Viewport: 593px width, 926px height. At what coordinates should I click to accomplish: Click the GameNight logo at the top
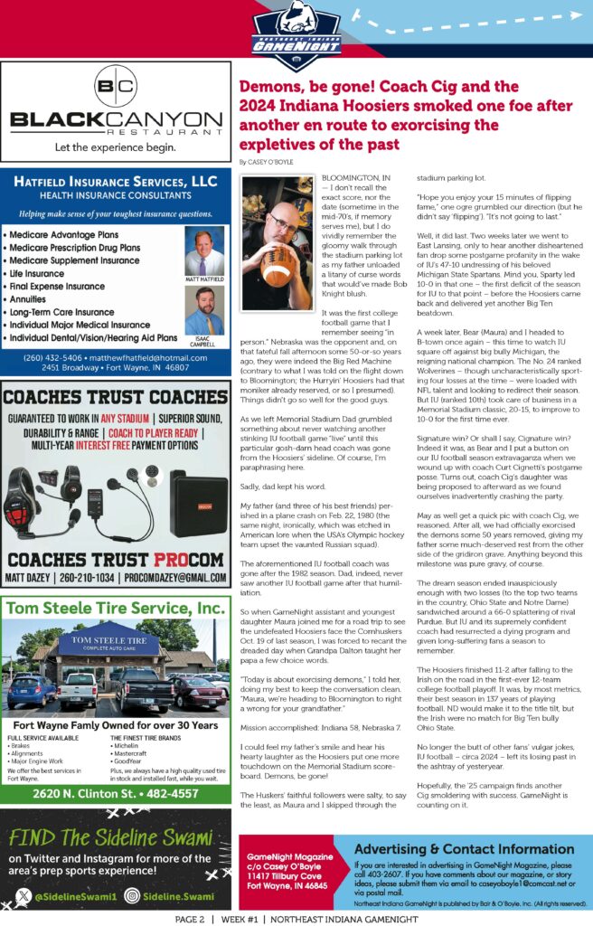tap(296, 30)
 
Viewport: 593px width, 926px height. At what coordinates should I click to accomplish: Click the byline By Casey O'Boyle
tap(268, 161)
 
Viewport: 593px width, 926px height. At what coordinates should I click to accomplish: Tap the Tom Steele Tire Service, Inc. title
tap(116, 608)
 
